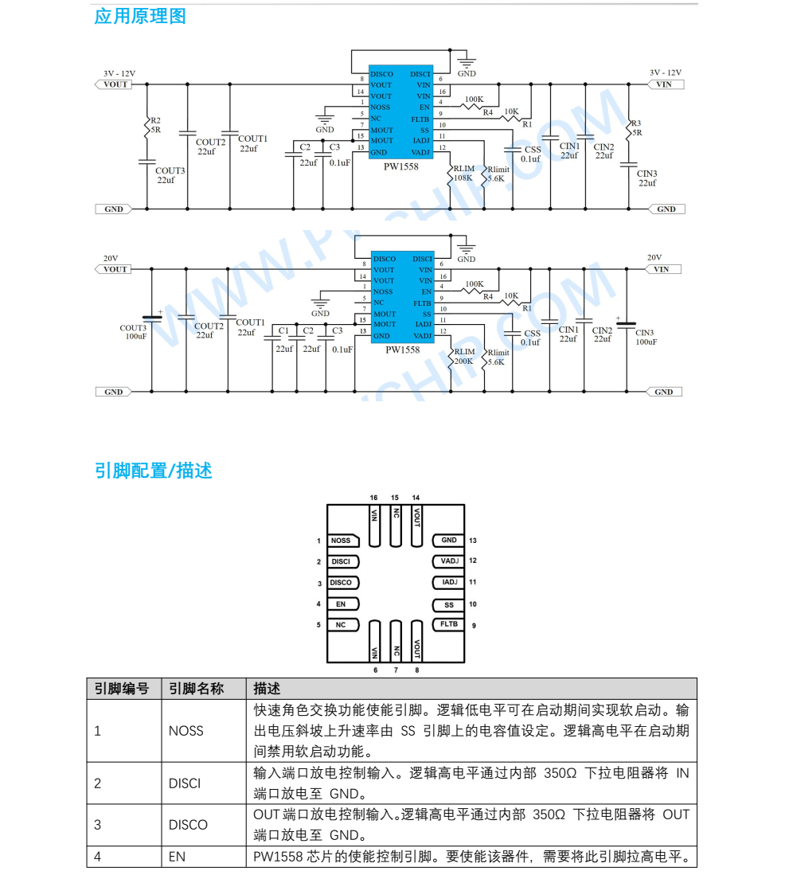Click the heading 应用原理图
click(x=140, y=17)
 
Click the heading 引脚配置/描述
click(x=153, y=471)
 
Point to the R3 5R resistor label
click(x=635, y=128)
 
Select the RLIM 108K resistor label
click(x=463, y=174)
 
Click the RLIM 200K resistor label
click(x=463, y=356)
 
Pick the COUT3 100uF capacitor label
click(x=134, y=332)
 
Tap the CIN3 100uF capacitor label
click(x=646, y=337)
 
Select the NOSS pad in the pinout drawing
click(x=341, y=541)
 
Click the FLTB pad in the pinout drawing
click(x=449, y=624)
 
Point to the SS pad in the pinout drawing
click(x=449, y=604)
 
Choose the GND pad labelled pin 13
click(x=449, y=541)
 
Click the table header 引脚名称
click(x=196, y=689)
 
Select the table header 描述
click(x=267, y=689)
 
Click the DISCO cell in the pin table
click(x=188, y=825)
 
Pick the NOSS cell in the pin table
click(x=186, y=731)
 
